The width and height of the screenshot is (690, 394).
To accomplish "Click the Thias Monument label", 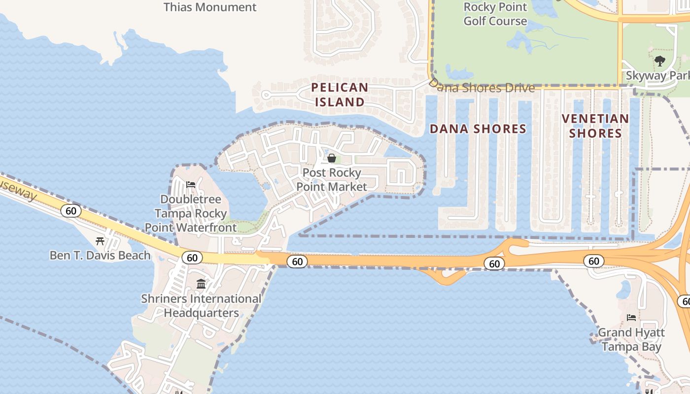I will (210, 7).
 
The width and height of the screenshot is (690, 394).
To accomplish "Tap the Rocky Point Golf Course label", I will (495, 14).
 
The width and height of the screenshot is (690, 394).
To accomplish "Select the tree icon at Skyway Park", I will (660, 61).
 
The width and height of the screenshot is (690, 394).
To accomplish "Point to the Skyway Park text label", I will (657, 76).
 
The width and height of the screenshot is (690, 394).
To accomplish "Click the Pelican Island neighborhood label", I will (340, 95).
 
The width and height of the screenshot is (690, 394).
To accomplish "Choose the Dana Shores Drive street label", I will (483, 88).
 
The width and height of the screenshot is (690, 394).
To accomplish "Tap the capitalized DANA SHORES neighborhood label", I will (478, 129).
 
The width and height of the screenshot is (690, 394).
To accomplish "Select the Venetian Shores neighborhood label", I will (595, 126).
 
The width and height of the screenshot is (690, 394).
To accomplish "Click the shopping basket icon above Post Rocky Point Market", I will (332, 158).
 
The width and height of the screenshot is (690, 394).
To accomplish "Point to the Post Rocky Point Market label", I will (332, 180).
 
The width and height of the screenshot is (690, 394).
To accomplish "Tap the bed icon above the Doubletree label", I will (191, 185).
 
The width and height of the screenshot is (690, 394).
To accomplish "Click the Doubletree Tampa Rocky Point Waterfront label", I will (191, 213).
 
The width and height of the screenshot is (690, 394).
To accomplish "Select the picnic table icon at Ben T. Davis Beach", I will (100, 241).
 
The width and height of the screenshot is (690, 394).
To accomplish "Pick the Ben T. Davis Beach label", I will (100, 255).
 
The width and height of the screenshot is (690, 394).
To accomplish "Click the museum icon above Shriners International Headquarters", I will (201, 284).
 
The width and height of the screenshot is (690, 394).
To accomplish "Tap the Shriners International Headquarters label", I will (201, 305).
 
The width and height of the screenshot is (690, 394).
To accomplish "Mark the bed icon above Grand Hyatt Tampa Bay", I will (631, 318).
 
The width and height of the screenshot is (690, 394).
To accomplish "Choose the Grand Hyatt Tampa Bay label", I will (631, 339).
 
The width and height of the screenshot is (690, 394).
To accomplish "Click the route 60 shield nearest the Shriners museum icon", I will (192, 257).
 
